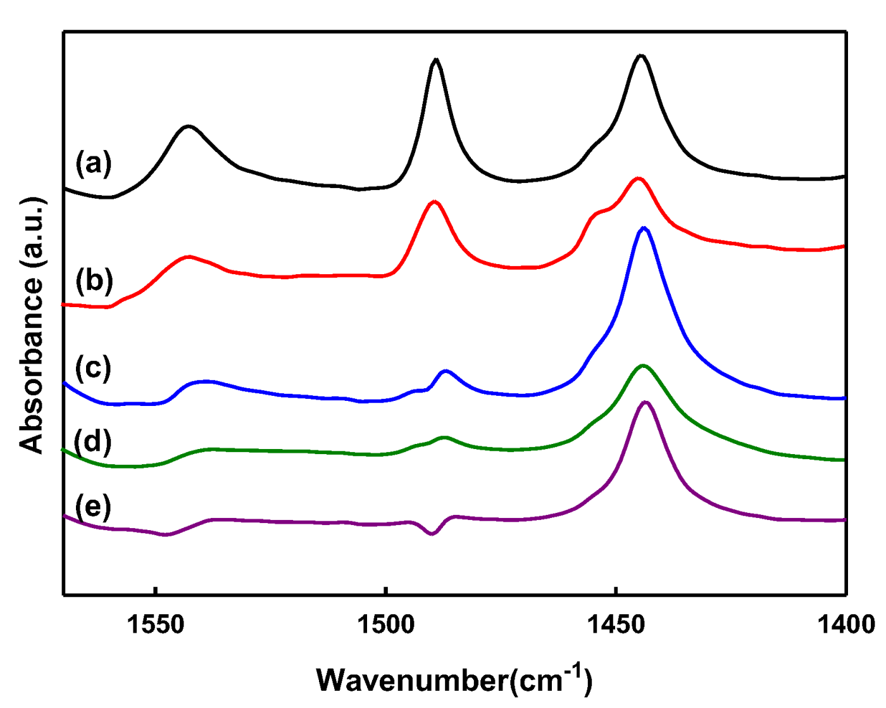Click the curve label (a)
point(94,163)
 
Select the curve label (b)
point(94,280)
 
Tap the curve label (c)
point(93,367)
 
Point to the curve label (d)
point(93,441)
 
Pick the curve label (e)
point(93,507)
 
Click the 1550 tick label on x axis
point(155,624)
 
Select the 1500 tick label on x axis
point(385,624)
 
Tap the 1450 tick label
point(616,624)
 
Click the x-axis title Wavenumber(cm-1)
point(454,679)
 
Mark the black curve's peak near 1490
point(435,60)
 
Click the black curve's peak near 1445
point(641,56)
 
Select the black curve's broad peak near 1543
point(188,127)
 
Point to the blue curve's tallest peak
point(644,228)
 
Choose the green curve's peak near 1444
point(643,365)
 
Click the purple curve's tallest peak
point(645,402)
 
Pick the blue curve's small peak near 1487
point(446,371)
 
